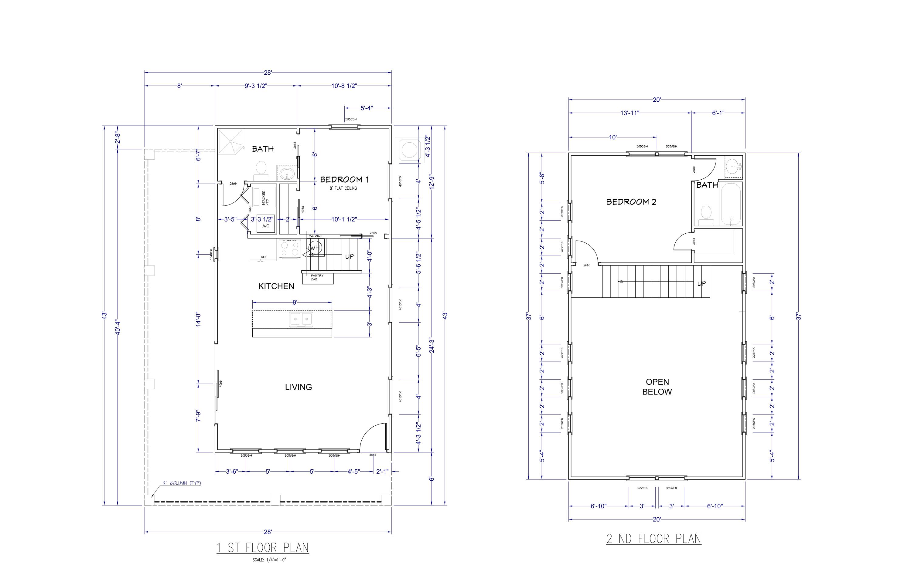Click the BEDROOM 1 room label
(x=344, y=180)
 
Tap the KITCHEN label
(x=276, y=286)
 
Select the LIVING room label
(x=298, y=387)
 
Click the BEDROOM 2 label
(x=631, y=202)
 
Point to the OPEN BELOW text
(x=657, y=387)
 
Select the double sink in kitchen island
(x=301, y=319)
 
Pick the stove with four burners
(x=290, y=249)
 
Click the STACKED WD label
(x=265, y=198)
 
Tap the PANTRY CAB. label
(x=316, y=277)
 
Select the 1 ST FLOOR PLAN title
(x=263, y=548)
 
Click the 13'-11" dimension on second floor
(x=630, y=113)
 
